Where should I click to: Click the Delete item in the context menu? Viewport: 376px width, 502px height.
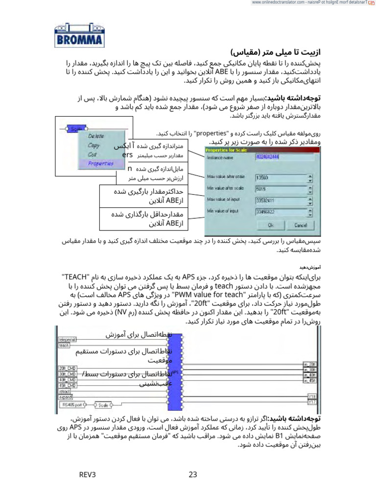point(95,136)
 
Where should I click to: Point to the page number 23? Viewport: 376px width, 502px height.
point(192,475)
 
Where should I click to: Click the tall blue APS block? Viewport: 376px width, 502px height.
point(175,372)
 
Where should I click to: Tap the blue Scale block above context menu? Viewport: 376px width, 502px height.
point(76,129)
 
